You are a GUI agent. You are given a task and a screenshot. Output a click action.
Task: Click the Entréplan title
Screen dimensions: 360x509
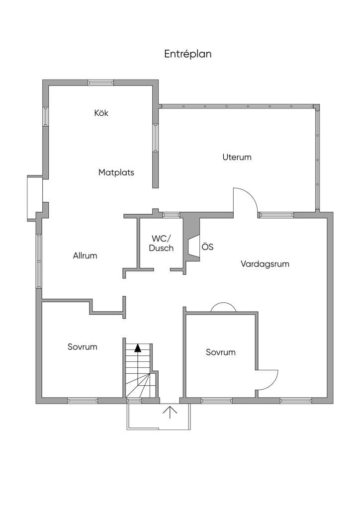(187, 54)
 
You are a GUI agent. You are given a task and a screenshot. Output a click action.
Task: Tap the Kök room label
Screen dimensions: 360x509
(101, 113)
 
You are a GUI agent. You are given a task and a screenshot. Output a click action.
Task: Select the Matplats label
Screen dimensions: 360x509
(116, 172)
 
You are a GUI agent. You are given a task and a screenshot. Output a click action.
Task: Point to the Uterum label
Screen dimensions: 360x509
(237, 157)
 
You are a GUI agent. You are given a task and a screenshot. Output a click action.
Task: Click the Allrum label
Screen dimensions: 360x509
(85, 255)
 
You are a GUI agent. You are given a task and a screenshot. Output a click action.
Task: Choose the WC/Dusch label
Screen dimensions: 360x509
(161, 244)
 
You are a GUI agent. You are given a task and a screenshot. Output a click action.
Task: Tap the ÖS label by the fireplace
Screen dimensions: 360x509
(207, 247)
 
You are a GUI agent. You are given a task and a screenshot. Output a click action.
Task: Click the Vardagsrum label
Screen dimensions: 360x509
(265, 264)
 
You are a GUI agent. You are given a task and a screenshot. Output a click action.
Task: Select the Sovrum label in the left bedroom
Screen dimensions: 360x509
(83, 347)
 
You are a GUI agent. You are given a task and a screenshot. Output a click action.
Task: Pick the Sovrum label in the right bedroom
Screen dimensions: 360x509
(221, 352)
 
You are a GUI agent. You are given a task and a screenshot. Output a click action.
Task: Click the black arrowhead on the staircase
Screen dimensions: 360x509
(138, 348)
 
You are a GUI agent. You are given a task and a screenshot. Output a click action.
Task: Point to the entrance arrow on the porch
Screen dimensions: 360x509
(170, 412)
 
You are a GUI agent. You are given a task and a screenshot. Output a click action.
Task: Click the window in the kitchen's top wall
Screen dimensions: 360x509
(100, 83)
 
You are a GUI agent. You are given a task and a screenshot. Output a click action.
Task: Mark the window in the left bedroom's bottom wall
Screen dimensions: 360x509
(83, 401)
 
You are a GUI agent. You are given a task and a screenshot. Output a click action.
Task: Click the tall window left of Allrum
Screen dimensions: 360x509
(39, 261)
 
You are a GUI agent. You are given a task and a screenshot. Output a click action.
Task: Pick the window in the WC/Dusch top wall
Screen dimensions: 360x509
(171, 215)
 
